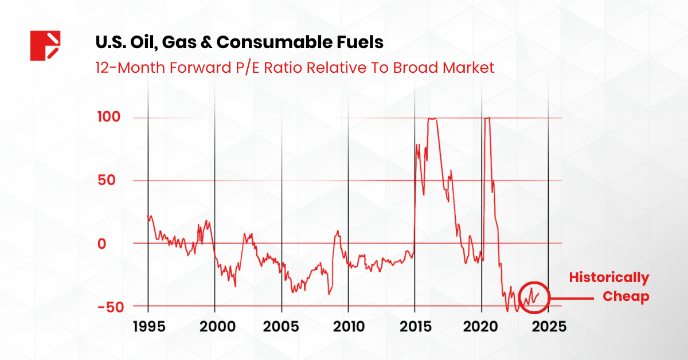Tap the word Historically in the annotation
point(609,279)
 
